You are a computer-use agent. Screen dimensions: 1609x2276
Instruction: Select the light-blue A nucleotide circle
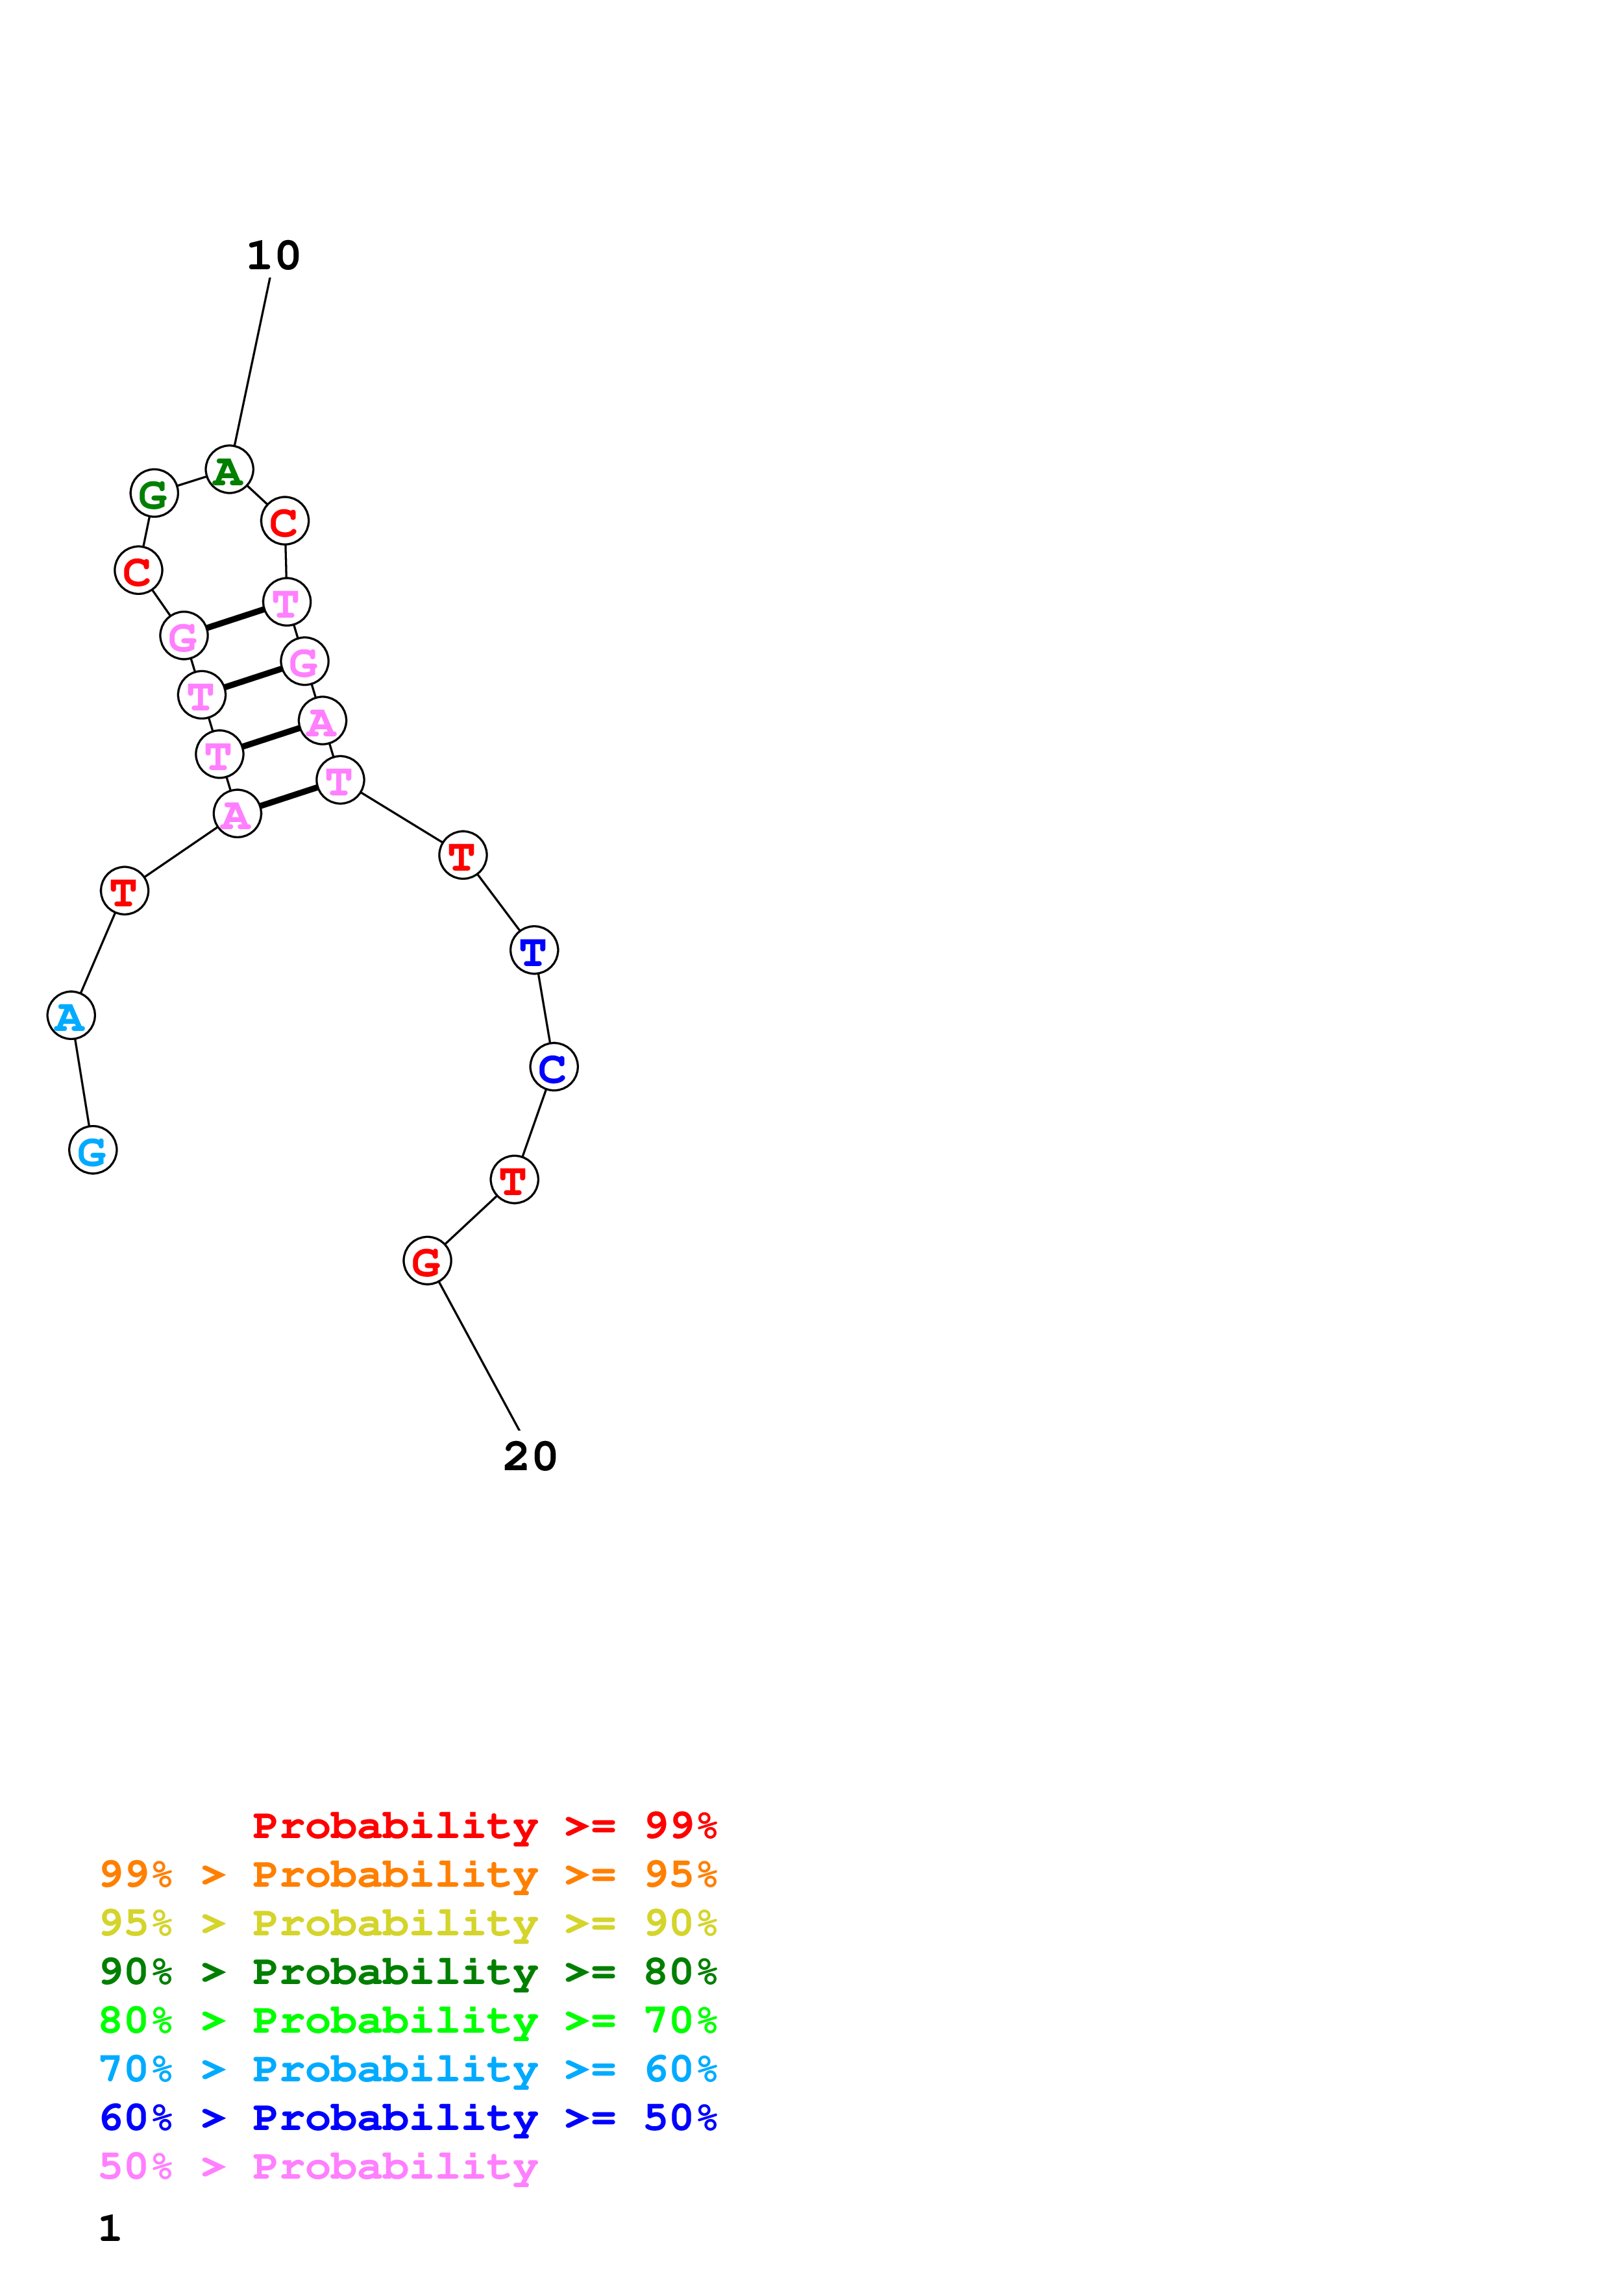[70, 1015]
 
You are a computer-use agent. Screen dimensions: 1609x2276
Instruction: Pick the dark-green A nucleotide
[229, 469]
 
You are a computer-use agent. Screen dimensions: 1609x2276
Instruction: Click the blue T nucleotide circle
[534, 950]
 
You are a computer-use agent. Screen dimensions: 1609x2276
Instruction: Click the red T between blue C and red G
[513, 1180]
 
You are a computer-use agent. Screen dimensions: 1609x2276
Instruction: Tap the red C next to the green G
[138, 570]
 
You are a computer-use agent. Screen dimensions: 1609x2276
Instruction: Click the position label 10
[273, 256]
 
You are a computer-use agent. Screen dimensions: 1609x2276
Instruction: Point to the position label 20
[530, 1456]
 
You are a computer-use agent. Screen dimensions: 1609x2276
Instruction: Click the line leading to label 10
[252, 362]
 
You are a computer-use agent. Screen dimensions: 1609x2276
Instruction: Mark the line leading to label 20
[479, 1355]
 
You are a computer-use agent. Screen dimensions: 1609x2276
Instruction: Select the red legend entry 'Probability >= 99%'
[484, 1825]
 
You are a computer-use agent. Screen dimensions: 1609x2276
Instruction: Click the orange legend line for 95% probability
[408, 1874]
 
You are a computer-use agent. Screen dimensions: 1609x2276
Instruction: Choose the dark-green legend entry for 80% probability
[408, 1972]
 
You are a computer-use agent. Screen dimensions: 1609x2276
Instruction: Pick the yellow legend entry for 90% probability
[408, 1923]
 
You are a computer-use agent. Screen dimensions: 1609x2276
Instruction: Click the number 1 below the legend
[109, 2229]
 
